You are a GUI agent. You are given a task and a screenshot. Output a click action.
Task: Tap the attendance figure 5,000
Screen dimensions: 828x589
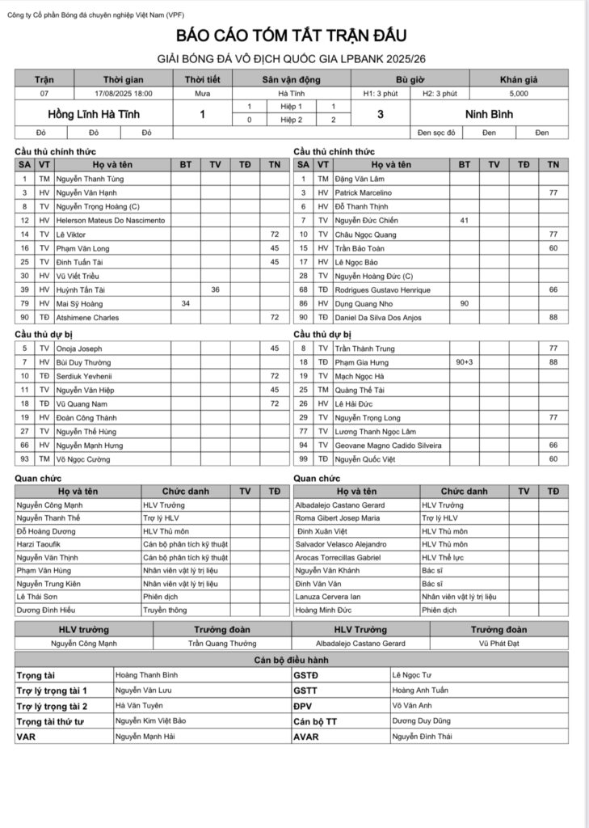click(519, 94)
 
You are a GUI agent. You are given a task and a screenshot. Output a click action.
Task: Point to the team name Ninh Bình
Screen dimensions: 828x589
click(489, 115)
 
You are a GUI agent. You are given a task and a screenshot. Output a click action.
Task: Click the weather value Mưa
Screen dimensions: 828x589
click(202, 94)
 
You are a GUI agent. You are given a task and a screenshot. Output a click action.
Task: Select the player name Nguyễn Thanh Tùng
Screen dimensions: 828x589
click(90, 179)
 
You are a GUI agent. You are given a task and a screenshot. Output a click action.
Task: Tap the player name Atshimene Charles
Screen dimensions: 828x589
click(88, 318)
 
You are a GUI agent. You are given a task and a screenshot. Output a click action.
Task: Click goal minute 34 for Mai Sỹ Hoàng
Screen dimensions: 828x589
click(186, 304)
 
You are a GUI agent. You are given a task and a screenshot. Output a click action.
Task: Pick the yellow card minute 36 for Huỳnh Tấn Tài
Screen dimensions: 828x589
click(215, 289)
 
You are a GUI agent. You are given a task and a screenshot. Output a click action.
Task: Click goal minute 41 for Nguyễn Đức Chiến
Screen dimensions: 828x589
click(464, 221)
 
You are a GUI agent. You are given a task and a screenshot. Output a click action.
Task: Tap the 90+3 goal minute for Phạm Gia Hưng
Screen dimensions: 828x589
click(464, 362)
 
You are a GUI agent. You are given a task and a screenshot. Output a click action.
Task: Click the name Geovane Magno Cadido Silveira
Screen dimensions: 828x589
click(388, 446)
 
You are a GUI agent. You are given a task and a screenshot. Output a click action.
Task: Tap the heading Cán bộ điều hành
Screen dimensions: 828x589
click(291, 660)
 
